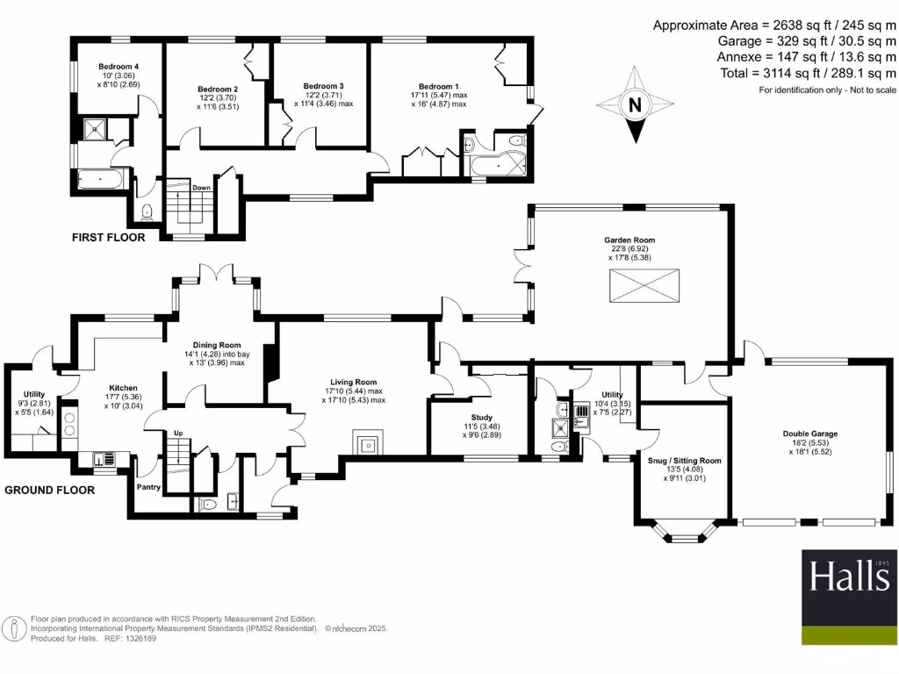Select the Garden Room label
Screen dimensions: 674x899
[629, 240]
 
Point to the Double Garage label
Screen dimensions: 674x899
[809, 434]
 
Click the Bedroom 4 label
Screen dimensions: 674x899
[119, 68]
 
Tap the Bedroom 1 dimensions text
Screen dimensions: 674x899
[439, 99]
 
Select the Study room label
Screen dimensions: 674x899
[481, 418]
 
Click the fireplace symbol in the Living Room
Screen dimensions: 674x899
[367, 444]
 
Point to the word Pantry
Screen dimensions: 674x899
[147, 486]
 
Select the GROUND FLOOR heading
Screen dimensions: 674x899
[50, 491]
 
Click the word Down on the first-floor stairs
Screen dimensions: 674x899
[201, 188]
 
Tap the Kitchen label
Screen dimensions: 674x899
[124, 387]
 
